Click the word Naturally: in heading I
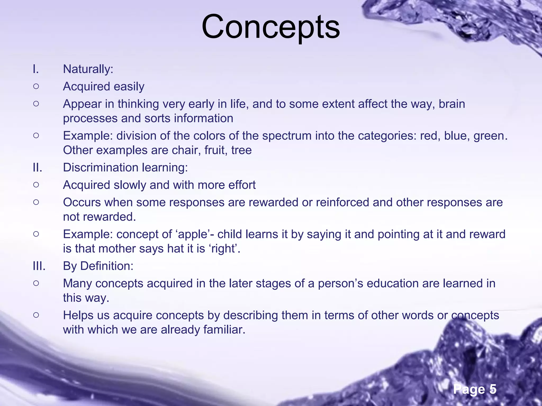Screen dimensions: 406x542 point(88,69)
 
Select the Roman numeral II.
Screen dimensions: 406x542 point(38,168)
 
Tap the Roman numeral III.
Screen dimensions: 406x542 point(39,266)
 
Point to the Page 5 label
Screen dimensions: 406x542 point(475,389)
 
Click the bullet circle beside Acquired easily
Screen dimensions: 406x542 point(36,86)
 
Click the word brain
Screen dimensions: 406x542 point(452,104)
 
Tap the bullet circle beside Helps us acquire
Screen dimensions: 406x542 point(36,315)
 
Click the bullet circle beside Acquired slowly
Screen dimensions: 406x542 point(36,185)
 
